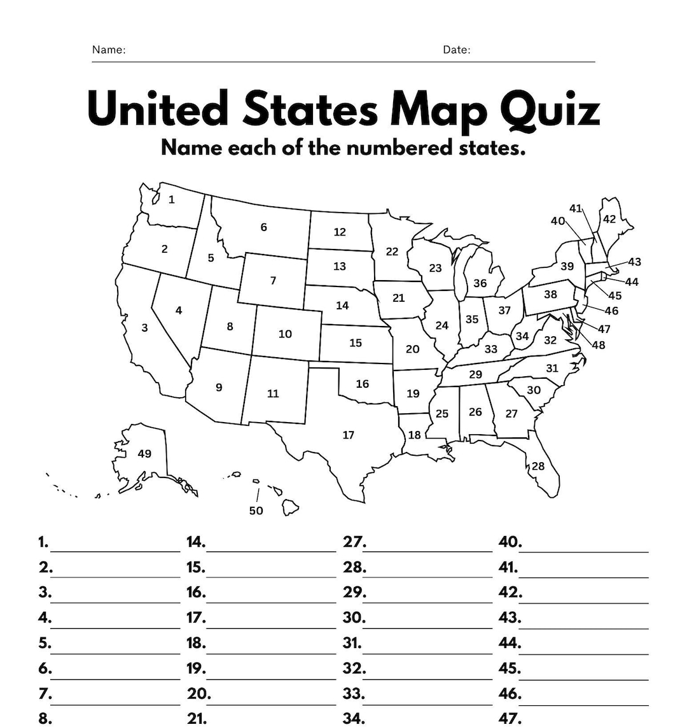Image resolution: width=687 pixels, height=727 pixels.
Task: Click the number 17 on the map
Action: coord(348,435)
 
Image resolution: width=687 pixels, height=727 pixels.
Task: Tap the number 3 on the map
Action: coord(145,328)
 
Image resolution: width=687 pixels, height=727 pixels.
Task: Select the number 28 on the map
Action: coord(538,466)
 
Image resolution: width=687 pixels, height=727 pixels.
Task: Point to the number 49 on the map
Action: coord(144,453)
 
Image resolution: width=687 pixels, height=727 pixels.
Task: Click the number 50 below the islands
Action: coord(256,511)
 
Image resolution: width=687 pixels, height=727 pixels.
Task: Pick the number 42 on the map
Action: coord(609,219)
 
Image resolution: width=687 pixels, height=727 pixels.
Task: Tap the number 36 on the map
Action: coord(480,283)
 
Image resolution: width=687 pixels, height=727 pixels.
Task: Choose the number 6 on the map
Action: coord(263,227)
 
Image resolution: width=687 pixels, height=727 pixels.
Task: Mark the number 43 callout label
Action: coord(634,262)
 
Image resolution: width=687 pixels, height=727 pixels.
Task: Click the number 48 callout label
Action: coord(599,345)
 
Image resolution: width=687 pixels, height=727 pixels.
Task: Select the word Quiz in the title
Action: coord(550,109)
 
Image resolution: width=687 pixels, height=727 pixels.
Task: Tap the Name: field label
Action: coord(109,50)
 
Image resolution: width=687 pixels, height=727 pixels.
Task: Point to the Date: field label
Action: coord(457,50)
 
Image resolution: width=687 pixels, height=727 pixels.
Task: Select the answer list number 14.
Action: coord(196,542)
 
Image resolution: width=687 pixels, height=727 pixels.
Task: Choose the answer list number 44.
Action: coord(510,643)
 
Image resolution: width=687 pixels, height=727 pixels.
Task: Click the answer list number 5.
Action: coord(44,643)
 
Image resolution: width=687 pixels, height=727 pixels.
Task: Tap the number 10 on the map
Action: coord(285,334)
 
